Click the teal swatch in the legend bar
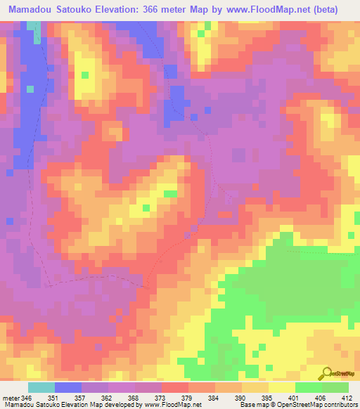[41, 388]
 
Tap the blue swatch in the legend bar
[68, 388]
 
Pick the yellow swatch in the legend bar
[282, 388]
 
